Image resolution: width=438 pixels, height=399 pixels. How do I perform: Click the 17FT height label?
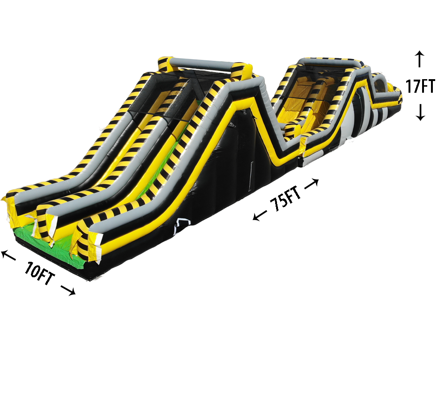click(420, 86)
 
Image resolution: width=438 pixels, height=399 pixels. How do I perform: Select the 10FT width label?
click(39, 273)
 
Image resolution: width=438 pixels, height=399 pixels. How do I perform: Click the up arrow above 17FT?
click(419, 59)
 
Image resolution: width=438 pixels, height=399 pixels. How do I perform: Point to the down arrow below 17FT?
click(420, 112)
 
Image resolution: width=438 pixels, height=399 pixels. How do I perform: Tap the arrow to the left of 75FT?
click(260, 215)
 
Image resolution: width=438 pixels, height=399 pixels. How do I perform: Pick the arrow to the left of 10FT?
click(8, 255)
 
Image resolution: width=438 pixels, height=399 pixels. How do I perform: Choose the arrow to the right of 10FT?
click(68, 290)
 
